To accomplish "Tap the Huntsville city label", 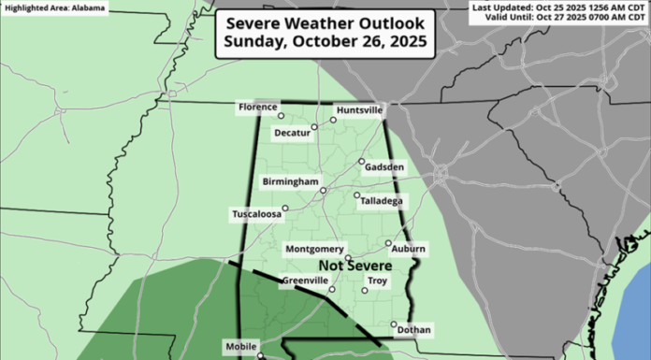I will [359, 110].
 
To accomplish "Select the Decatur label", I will [293, 134].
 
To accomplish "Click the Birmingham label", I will [291, 181].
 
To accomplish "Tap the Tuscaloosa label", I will [257, 214].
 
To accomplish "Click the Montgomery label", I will [314, 249].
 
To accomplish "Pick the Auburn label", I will [410, 249].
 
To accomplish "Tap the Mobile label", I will [241, 345].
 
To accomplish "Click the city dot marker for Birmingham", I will [323, 190].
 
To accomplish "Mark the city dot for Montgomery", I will [348, 257].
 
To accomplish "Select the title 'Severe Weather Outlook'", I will [323, 22].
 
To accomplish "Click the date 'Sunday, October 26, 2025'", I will [323, 43].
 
